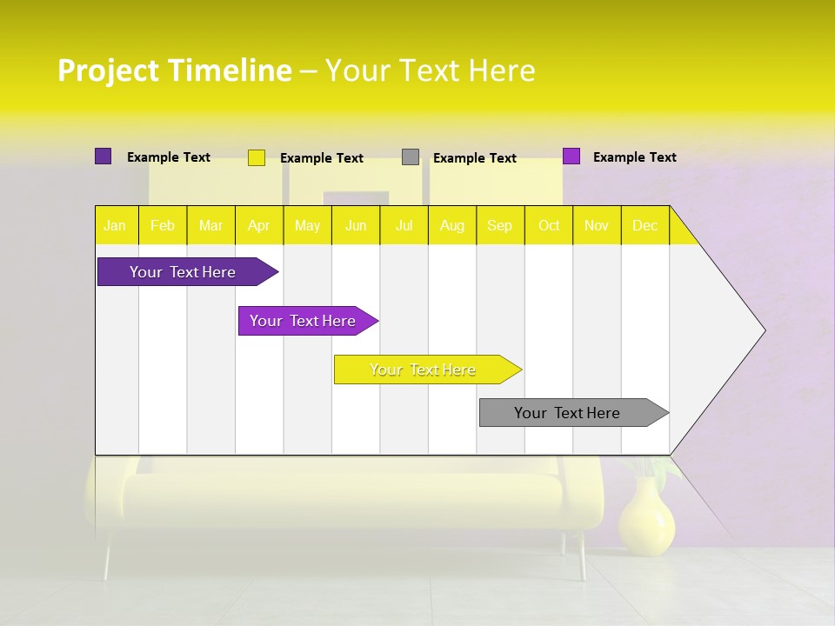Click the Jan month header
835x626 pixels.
click(115, 226)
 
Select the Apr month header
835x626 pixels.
click(259, 226)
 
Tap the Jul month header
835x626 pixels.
click(404, 226)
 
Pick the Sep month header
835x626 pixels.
click(499, 226)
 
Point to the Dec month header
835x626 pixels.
click(645, 226)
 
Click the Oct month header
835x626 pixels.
click(549, 226)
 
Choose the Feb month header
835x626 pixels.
click(163, 226)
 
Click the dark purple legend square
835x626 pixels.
click(103, 156)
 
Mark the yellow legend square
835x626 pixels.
click(257, 157)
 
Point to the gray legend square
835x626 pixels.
click(411, 157)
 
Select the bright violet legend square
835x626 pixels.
click(571, 156)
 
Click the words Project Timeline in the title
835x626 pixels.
click(175, 70)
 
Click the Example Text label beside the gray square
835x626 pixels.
click(475, 158)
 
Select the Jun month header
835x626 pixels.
click(356, 226)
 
